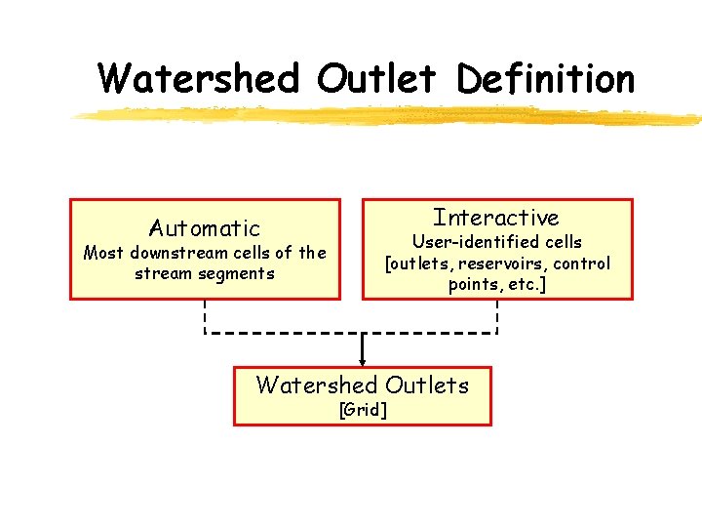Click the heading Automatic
pyautogui.click(x=205, y=228)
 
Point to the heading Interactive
pyautogui.click(x=496, y=217)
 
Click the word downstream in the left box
pyautogui.click(x=177, y=253)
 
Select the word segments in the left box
pyautogui.click(x=237, y=273)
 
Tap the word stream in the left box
pyautogui.click(x=164, y=273)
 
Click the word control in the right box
pyautogui.click(x=582, y=263)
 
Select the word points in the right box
pyautogui.click(x=473, y=285)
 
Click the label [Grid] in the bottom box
pyautogui.click(x=363, y=410)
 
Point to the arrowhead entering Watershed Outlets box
pyautogui.click(x=363, y=363)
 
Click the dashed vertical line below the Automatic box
pyautogui.click(x=205, y=316)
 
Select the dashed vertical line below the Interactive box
pyautogui.click(x=498, y=316)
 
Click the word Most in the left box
pyautogui.click(x=103, y=253)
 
